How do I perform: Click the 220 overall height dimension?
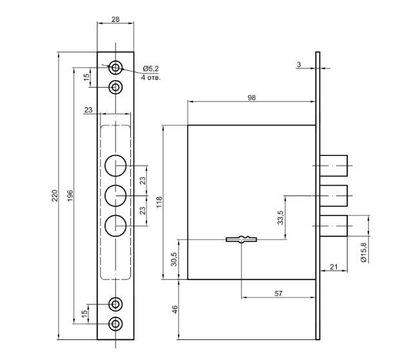coord(55,195)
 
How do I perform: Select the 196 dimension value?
coord(70,195)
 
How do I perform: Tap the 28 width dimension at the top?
coord(115,19)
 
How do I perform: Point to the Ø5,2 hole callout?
coord(151,68)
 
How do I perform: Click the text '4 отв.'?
coord(151,77)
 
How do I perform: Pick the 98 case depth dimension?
coord(252,97)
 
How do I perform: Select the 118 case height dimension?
coord(159,202)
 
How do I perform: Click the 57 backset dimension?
coord(278,294)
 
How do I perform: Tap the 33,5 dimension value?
coord(280,217)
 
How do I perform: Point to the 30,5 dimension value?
coord(174,259)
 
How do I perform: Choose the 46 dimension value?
coord(175,310)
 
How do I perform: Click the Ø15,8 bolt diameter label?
coord(363,252)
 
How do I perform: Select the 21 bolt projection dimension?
coord(334,267)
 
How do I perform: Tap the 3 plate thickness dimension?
coord(299,64)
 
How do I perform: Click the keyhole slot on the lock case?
coord(241,239)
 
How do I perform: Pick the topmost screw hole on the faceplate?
coord(115,68)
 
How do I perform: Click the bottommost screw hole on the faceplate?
coord(115,324)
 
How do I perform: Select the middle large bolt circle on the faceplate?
coord(115,195)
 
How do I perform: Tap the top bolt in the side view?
coord(334,166)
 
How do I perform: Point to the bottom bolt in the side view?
coord(334,226)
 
